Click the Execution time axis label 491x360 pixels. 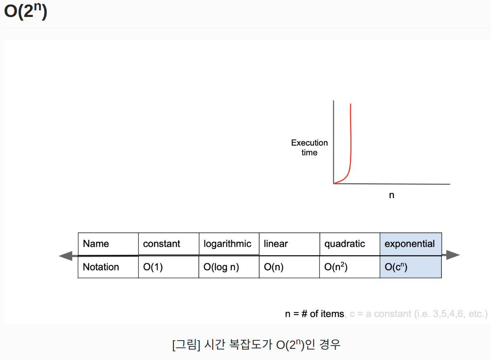coord(309,147)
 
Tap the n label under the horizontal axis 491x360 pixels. coord(392,195)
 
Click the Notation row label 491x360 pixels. coord(101,267)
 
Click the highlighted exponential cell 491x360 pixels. coord(410,244)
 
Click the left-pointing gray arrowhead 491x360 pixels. coord(65,256)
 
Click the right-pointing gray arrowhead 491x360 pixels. coord(453,255)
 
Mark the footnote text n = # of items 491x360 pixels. coord(314,314)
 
